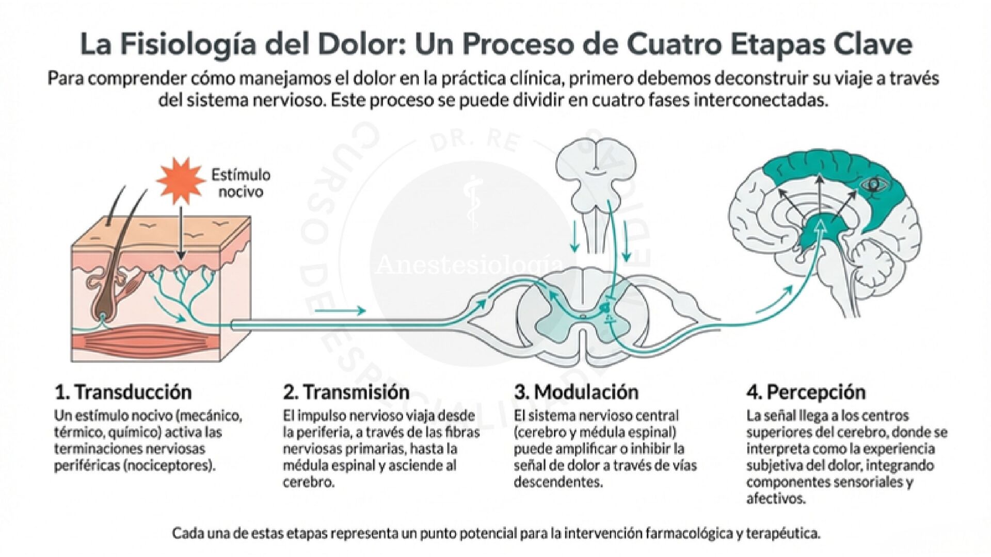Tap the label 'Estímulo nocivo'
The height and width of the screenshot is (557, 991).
tap(241, 183)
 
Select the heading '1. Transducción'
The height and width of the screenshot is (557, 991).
tap(123, 392)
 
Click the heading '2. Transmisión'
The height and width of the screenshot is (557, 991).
tap(346, 392)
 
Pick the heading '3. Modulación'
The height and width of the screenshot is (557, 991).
tap(576, 392)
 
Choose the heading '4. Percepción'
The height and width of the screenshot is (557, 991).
tap(805, 392)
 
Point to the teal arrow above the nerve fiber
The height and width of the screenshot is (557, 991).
tap(340, 310)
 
